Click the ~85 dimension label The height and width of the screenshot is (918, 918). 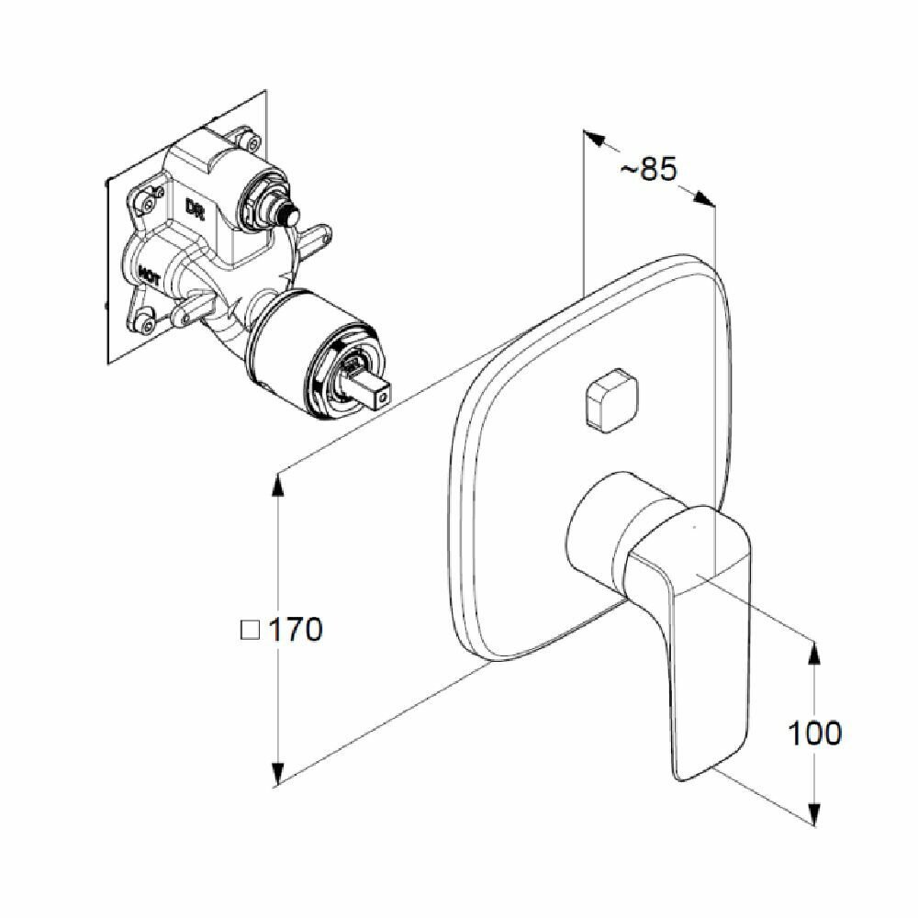(x=649, y=169)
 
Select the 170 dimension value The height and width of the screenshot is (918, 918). (x=296, y=631)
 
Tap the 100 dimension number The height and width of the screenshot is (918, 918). (x=814, y=733)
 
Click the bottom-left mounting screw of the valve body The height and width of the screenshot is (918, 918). (x=145, y=320)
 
